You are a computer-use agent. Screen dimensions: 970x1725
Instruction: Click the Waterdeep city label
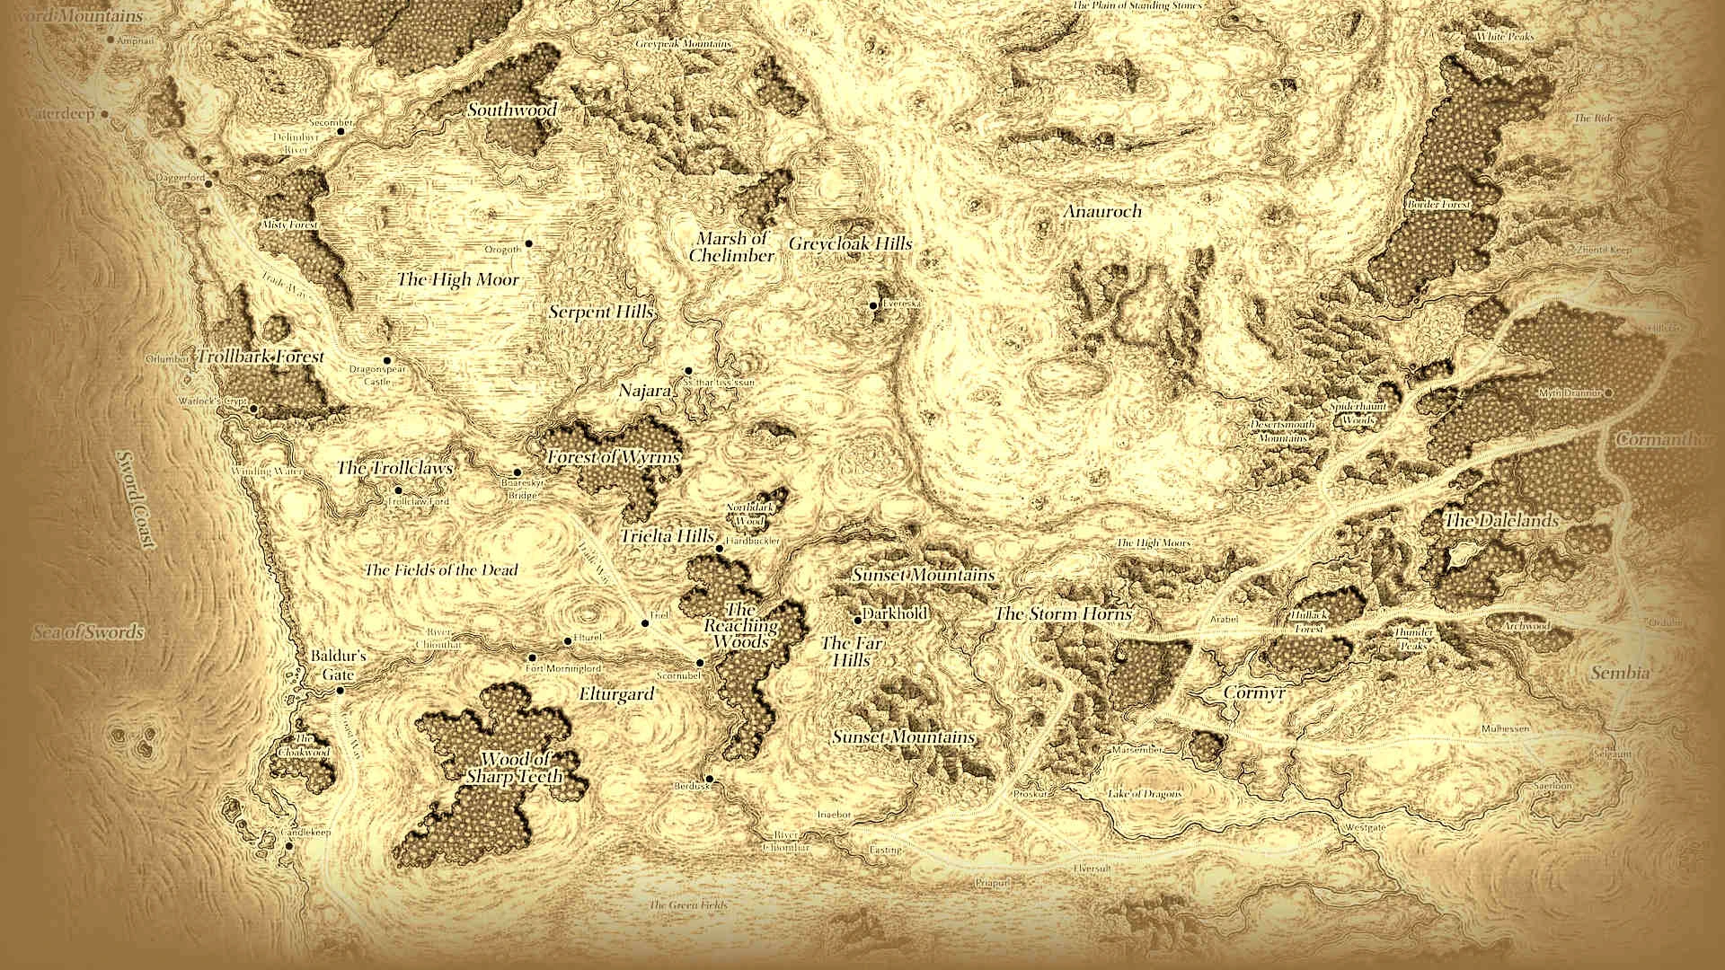tap(56, 114)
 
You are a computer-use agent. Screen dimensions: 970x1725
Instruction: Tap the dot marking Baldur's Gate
tap(341, 690)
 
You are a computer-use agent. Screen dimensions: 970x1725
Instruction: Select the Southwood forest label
tap(512, 110)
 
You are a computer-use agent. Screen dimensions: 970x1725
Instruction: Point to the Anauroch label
tap(1102, 211)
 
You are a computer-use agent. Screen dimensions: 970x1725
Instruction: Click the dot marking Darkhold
tap(859, 620)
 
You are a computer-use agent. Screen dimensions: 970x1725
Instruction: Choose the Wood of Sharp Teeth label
tap(515, 768)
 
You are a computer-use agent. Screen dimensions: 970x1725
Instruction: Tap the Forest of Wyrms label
tap(614, 456)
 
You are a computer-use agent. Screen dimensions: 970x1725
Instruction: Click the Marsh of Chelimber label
tap(732, 247)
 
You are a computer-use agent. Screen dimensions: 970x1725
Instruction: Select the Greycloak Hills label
tap(850, 243)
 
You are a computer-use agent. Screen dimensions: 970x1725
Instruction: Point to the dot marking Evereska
tap(872, 305)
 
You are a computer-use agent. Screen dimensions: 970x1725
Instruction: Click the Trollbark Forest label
tap(261, 357)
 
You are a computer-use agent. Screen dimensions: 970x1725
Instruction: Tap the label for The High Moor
tap(458, 279)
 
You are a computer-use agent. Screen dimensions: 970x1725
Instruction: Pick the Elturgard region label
tap(616, 694)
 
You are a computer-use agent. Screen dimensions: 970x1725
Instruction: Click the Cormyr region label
tap(1255, 693)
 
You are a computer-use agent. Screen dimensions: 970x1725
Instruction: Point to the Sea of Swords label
tap(89, 632)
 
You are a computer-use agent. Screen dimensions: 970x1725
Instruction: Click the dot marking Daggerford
tap(208, 183)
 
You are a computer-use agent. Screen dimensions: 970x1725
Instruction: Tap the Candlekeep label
tap(306, 833)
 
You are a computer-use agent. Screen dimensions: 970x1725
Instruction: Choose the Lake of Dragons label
tap(1145, 794)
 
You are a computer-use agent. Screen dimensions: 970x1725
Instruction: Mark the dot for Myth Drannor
tap(1609, 392)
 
